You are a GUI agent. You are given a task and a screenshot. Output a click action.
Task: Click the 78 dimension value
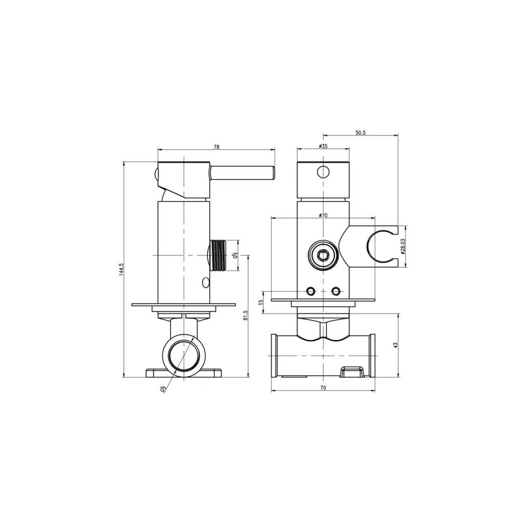click(x=217, y=147)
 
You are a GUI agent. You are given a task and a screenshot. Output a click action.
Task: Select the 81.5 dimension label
click(x=245, y=315)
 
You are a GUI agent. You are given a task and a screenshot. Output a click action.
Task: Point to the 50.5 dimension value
click(x=360, y=133)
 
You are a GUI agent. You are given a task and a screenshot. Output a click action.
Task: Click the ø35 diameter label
click(x=323, y=146)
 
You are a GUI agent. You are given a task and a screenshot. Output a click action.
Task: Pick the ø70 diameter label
click(x=323, y=215)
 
